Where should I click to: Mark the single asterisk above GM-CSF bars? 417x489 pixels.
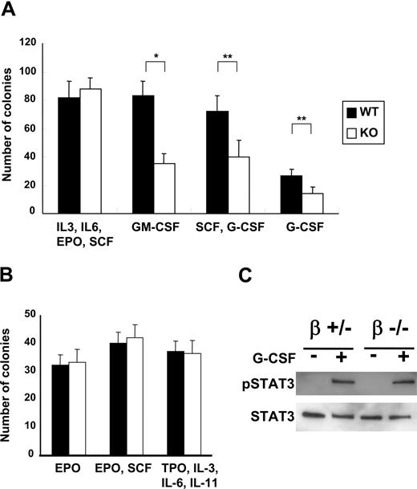pos(155,56)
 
